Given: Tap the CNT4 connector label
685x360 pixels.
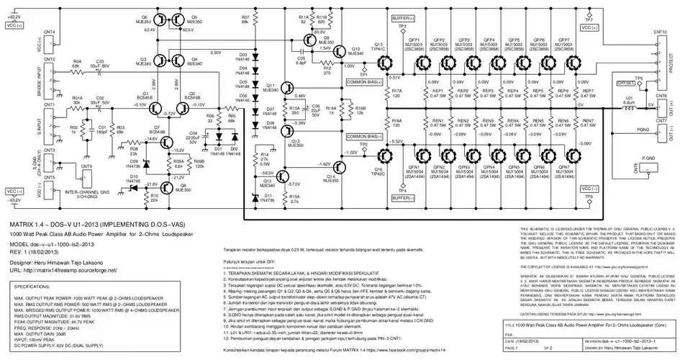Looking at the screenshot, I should pyautogui.click(x=49, y=32).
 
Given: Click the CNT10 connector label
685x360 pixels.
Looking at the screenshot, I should pyautogui.click(x=659, y=32).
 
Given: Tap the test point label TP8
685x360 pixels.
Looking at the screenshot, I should pyautogui.click(x=589, y=195).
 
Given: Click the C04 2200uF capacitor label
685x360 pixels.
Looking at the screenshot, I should pyautogui.click(x=193, y=136).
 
